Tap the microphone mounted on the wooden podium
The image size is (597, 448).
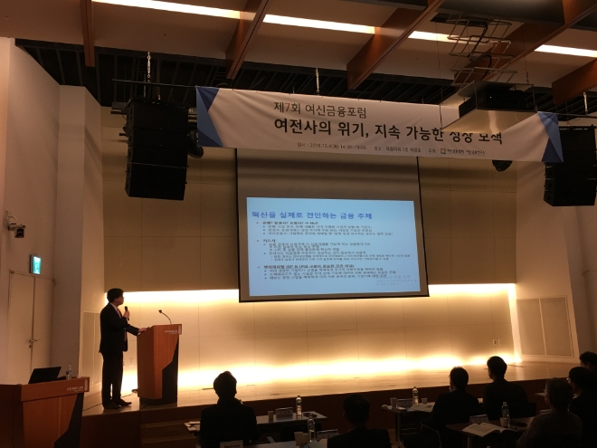click(163, 316)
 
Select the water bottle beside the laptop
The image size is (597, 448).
click(69, 372)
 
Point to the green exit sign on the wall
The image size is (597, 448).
click(35, 264)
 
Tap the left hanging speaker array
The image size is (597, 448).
click(156, 149)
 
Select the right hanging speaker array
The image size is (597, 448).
click(570, 167)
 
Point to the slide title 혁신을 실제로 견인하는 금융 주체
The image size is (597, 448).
click(311, 209)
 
